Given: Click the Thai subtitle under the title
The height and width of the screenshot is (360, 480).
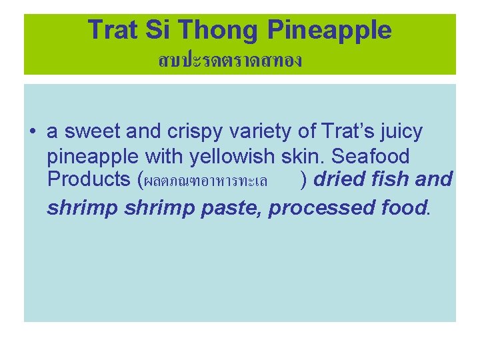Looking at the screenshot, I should [x=230, y=61].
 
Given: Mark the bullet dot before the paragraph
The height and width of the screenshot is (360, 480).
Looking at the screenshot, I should [x=32, y=133].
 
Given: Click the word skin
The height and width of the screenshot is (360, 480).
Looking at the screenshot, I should [x=300, y=157].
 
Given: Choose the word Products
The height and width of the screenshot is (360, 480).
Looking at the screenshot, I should [x=88, y=180].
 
